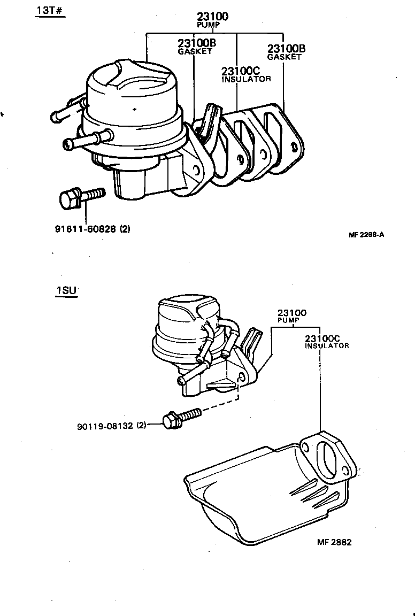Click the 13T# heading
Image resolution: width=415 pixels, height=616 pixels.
click(50, 11)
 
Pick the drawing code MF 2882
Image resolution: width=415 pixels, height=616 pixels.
click(334, 542)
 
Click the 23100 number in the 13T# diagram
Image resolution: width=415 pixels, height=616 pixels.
click(212, 17)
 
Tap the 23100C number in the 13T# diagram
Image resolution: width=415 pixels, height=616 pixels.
click(241, 71)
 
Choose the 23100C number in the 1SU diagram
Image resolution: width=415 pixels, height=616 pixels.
click(322, 338)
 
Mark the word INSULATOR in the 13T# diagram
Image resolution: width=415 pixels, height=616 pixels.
click(246, 79)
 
